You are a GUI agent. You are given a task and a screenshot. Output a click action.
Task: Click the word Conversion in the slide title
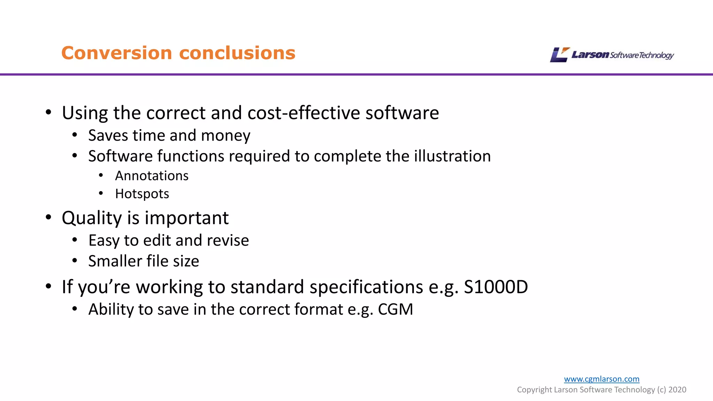(117, 53)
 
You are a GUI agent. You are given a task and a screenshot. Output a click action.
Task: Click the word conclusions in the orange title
(237, 53)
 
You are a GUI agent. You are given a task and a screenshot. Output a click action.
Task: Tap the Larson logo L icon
(559, 55)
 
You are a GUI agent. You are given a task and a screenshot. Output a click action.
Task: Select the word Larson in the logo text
(590, 55)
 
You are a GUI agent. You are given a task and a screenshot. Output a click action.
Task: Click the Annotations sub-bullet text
(152, 176)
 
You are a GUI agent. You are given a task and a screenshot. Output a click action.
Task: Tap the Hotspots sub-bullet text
(142, 194)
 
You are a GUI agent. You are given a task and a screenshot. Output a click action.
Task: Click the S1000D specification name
(496, 287)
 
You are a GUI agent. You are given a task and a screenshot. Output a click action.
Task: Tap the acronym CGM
(395, 309)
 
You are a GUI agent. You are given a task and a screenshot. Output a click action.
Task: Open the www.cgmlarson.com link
(602, 379)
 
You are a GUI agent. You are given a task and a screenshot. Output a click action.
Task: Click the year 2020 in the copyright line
(677, 390)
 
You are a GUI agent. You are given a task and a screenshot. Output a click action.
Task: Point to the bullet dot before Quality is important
(49, 217)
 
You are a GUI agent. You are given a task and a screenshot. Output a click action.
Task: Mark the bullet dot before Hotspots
(101, 193)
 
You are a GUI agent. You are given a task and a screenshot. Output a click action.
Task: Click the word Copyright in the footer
(534, 390)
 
